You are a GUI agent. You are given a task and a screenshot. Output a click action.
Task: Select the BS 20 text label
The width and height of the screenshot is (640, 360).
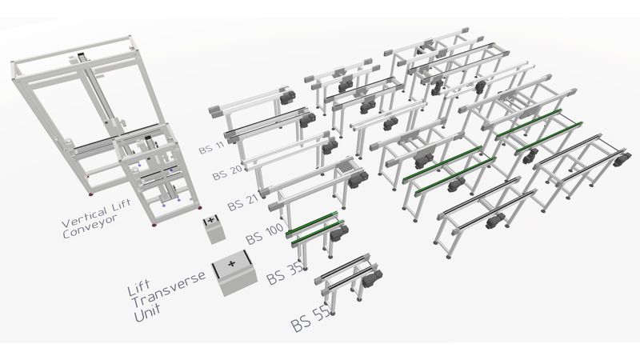[226, 172]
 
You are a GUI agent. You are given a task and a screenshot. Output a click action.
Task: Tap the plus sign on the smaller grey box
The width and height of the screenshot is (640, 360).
[211, 220]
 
